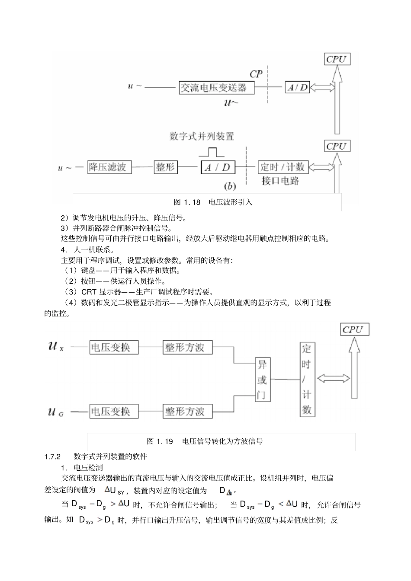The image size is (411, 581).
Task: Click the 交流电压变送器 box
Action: (216, 88)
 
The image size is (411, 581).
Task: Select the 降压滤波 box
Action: (109, 167)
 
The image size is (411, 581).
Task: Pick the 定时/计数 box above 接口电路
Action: (282, 167)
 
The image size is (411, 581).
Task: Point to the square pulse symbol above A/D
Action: (212, 152)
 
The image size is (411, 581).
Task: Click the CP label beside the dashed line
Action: (256, 74)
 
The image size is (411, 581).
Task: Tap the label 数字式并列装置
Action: (202, 137)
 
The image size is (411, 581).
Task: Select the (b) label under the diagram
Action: (229, 186)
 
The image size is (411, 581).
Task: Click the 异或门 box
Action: (262, 380)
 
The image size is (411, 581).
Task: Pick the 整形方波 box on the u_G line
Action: (188, 411)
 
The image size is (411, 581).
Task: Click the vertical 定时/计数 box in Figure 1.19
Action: (306, 380)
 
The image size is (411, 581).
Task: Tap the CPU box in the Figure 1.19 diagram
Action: (355, 330)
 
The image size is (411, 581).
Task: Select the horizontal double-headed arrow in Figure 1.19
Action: (333, 379)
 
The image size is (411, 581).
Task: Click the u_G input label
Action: (56, 412)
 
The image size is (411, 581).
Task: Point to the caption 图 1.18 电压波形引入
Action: (212, 202)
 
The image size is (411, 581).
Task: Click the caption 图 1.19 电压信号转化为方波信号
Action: (205, 441)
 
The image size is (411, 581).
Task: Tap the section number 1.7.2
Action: (52, 456)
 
